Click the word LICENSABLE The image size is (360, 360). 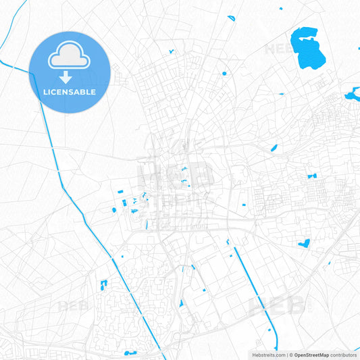[69, 92]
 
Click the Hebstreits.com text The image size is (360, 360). [267, 355]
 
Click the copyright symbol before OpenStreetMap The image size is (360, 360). [290, 355]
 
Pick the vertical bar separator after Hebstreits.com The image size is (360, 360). [286, 355]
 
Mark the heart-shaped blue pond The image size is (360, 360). [303, 242]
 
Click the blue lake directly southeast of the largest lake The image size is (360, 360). [352, 95]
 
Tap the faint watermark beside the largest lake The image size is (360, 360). [277, 49]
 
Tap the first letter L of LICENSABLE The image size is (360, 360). [45, 92]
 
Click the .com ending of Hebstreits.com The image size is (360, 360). [278, 355]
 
